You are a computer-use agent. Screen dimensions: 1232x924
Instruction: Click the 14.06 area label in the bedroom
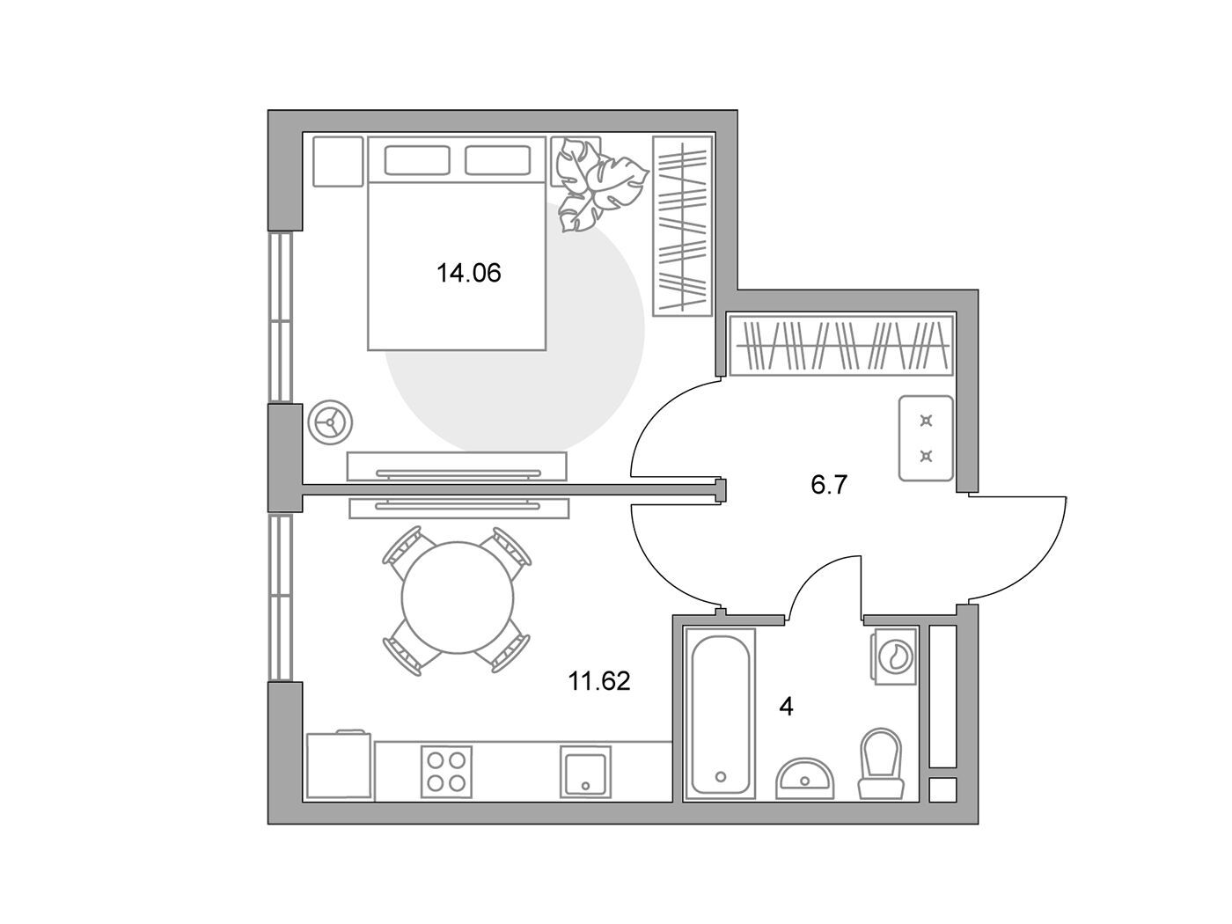468,273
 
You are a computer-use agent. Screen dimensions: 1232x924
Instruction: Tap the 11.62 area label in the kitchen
599,681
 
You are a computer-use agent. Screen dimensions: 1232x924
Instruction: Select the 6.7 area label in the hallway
828,485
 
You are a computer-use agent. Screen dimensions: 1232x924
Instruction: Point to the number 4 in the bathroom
787,707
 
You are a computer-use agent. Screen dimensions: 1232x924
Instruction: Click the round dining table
458,598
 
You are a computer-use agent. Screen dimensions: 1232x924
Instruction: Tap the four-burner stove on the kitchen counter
446,772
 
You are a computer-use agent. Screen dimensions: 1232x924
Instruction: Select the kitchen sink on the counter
585,772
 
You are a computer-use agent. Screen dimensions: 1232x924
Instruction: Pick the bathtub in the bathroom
720,713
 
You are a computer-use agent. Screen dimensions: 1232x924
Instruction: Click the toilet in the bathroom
881,764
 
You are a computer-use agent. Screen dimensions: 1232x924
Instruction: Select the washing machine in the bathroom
894,656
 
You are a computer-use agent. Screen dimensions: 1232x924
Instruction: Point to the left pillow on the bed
417,160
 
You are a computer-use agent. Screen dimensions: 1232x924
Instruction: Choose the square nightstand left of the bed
338,162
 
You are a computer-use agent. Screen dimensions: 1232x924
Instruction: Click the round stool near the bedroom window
330,423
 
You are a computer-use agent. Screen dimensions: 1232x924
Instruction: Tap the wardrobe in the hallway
841,346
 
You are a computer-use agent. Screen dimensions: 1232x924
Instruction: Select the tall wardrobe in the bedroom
683,226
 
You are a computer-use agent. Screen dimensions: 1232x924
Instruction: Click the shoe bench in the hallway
926,438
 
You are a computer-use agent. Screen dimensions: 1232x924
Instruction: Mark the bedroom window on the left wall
281,317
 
